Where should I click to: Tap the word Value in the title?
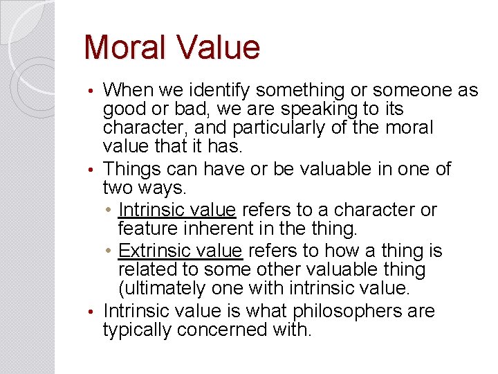coord(218,48)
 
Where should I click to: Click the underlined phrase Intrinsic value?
coord(178,210)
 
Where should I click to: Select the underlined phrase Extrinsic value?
coord(180,251)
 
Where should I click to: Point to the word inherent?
coord(218,228)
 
